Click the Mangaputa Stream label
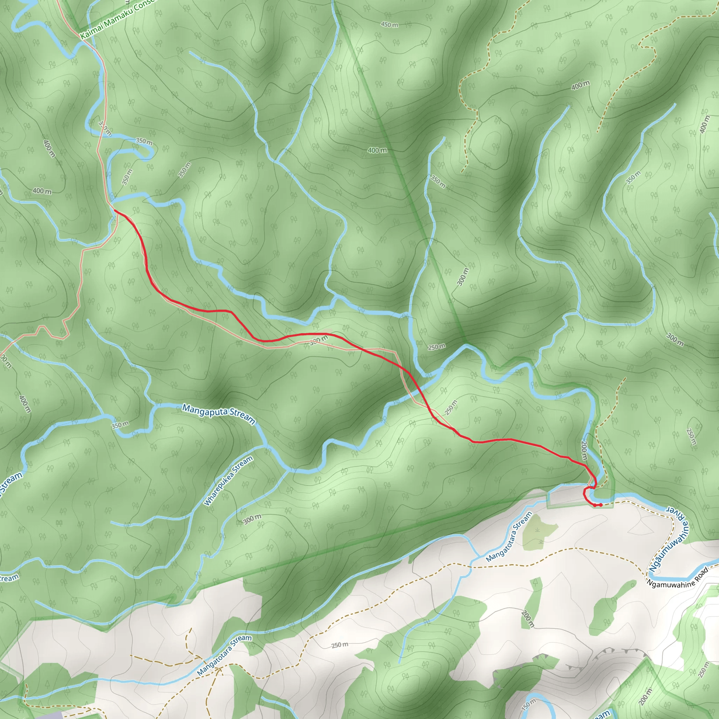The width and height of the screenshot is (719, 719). tap(218, 414)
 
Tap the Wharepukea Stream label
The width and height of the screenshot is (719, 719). tap(228, 481)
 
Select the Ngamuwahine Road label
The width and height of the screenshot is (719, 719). tap(677, 578)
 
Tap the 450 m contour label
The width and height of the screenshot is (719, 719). tap(389, 25)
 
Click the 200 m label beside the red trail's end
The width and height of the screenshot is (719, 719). tap(583, 451)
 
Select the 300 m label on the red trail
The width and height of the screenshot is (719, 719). tap(319, 340)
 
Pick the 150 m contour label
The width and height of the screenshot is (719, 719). tap(528, 705)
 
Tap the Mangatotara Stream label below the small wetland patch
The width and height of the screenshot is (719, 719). tap(509, 537)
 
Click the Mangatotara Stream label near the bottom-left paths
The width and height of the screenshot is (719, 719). tap(224, 655)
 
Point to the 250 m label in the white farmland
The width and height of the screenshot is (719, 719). tap(340, 645)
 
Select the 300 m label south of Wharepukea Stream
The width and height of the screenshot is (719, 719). tap(252, 519)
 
